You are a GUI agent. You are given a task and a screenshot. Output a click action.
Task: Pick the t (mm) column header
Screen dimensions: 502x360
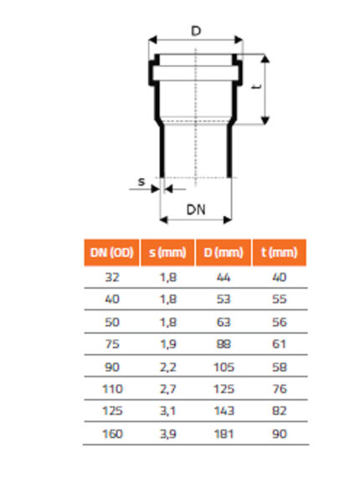point(279,253)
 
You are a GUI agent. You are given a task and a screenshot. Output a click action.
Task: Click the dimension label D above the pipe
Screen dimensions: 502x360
point(195,31)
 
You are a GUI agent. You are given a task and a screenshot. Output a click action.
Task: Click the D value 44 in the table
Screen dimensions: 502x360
point(223,277)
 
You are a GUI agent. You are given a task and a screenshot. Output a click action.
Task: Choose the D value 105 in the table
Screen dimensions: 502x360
point(223,366)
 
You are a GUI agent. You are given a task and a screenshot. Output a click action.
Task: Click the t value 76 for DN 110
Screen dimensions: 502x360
point(279,389)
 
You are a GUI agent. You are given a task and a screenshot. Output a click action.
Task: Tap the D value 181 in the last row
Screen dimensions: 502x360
point(223,434)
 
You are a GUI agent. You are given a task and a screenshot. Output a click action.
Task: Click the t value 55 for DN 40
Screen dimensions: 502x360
point(279,299)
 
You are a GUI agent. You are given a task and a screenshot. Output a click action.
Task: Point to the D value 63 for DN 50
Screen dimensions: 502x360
point(223,321)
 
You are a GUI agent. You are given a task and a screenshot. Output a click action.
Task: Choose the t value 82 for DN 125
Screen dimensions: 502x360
point(279,412)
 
